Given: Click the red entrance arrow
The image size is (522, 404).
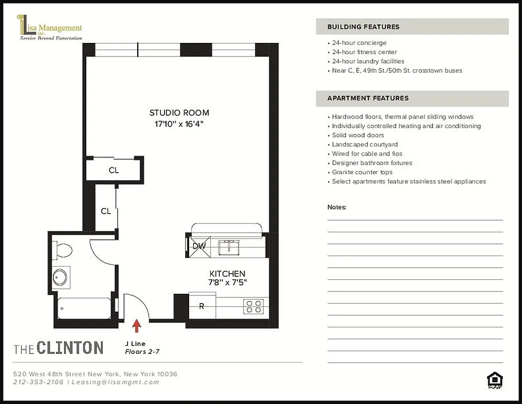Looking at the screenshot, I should pos(136,326).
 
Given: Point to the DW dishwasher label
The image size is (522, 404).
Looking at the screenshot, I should pos(199,246).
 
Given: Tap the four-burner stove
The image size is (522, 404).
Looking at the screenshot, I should pos(253,306).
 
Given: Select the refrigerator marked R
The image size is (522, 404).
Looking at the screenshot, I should pos(202,306).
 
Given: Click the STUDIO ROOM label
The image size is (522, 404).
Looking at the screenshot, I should pos(179,113).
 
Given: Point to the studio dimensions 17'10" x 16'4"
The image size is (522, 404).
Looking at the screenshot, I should pos(179,124).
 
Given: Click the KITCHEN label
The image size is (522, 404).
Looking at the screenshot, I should pos(227,274).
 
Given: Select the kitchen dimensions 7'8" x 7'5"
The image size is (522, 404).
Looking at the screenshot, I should pos(228,283).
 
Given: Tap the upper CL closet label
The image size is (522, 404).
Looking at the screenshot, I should pos(114,170).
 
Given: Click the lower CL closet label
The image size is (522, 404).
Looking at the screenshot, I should pos(105,211).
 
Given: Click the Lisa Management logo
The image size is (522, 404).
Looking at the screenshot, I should pos(49,28).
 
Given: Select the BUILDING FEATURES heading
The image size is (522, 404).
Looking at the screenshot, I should pos(363,27).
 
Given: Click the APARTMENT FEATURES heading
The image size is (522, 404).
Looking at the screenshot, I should pos(368,98).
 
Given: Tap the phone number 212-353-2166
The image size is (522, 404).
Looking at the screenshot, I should pos(38,382).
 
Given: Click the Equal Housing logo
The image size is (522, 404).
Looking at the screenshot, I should pos(494,380).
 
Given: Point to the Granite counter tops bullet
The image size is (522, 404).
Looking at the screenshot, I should pos(362,172).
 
